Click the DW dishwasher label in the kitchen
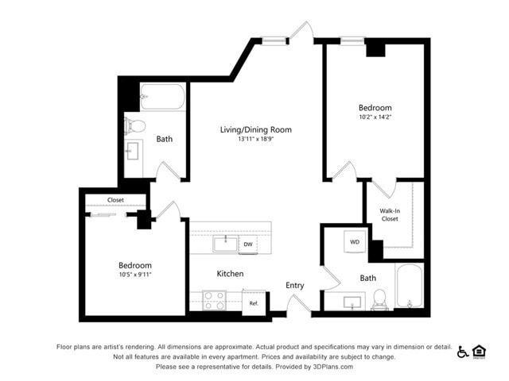point(247,244)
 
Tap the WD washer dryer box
point(355,241)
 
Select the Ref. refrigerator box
point(254,303)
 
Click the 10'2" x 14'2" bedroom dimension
point(375,117)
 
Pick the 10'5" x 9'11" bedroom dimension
point(134,275)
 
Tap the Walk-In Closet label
point(390,214)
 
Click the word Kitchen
point(231,274)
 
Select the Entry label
point(295,286)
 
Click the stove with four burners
point(214,301)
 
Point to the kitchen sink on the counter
point(225,243)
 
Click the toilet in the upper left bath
point(135,125)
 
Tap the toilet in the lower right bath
point(379,298)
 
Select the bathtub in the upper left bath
point(162,98)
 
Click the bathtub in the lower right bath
point(410,287)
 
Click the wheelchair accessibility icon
point(463,352)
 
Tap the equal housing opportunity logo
point(480,352)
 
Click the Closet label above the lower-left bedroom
point(115,200)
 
